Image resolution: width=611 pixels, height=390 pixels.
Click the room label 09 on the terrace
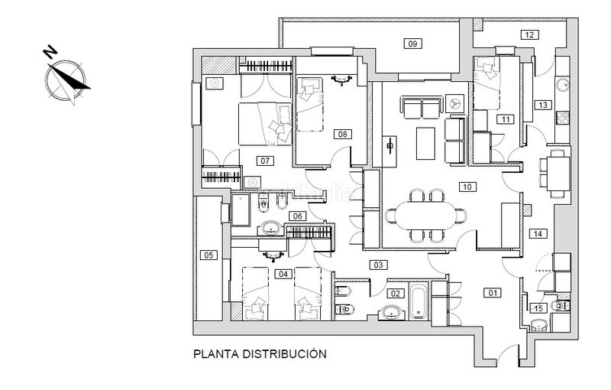point(412,44)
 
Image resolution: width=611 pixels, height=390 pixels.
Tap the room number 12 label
point(529,35)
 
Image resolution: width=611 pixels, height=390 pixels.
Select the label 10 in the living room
point(467,187)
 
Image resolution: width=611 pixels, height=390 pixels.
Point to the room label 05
point(209,255)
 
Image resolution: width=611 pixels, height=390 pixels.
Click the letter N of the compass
point(50,52)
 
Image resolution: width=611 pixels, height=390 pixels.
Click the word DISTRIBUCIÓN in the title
point(284,354)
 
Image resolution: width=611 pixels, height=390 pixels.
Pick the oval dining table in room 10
point(425,216)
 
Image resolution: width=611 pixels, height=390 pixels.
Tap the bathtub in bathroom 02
point(419,301)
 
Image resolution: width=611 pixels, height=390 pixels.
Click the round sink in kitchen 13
point(563,85)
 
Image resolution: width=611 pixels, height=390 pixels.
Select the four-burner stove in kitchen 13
point(562,118)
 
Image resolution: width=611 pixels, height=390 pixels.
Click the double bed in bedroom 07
point(265,124)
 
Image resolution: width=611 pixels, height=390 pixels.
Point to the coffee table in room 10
point(425,144)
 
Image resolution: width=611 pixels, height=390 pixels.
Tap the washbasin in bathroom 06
point(271,227)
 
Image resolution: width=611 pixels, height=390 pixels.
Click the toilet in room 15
point(562,306)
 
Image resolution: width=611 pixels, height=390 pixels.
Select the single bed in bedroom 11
point(487,83)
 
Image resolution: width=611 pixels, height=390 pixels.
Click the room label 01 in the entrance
point(493,293)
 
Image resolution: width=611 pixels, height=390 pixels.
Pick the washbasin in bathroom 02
point(391,312)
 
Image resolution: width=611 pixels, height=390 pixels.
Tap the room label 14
point(538,233)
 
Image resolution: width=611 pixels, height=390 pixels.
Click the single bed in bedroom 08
point(310,104)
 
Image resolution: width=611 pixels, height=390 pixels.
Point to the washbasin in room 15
point(539,324)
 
